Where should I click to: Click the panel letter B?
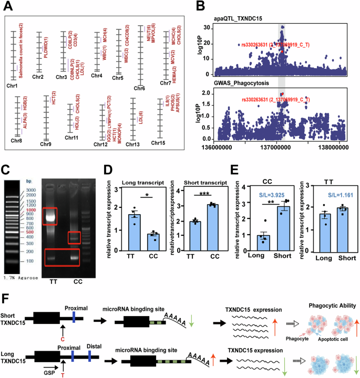click(201, 7)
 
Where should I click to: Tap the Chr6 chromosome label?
click(139, 88)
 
